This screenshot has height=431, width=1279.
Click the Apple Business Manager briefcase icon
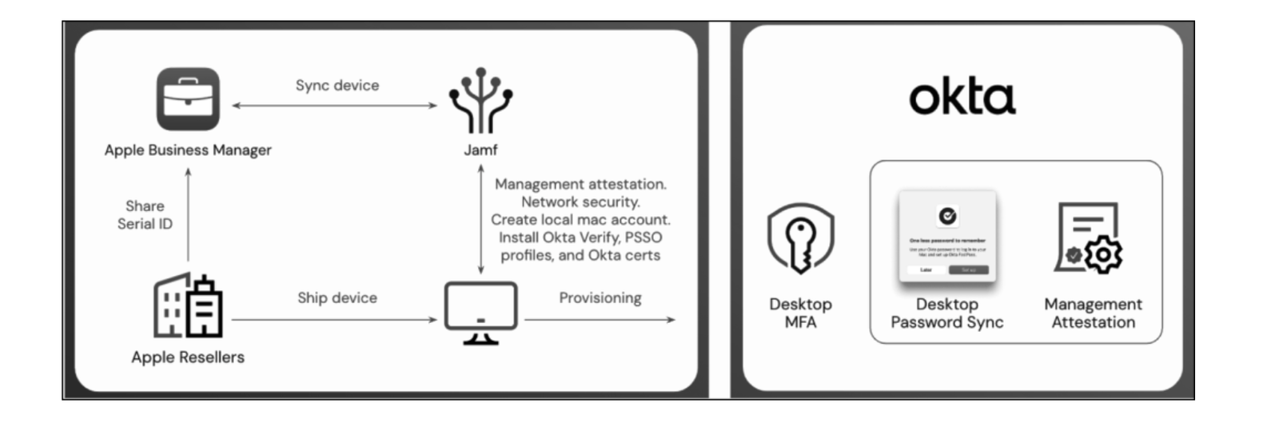coord(188,99)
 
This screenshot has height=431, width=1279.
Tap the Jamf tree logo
coord(480,101)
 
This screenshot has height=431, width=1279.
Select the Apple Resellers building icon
coord(188,305)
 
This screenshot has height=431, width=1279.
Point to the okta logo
coord(962,98)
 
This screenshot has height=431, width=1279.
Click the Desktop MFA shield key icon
coord(800,238)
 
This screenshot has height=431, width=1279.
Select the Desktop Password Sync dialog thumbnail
coord(947,237)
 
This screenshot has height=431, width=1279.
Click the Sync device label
coord(337,86)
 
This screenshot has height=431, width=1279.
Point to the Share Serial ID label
coord(145,215)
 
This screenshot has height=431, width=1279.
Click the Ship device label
coord(337,297)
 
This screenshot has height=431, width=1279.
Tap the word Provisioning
coord(600,297)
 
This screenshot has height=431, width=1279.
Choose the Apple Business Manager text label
coord(188,150)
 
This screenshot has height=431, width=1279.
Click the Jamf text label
coord(480,150)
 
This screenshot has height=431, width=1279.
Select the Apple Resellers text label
coord(188,357)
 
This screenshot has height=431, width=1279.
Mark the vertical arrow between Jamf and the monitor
coord(480,220)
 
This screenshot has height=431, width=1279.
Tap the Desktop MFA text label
coord(800,313)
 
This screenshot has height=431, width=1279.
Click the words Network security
coord(580,202)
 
